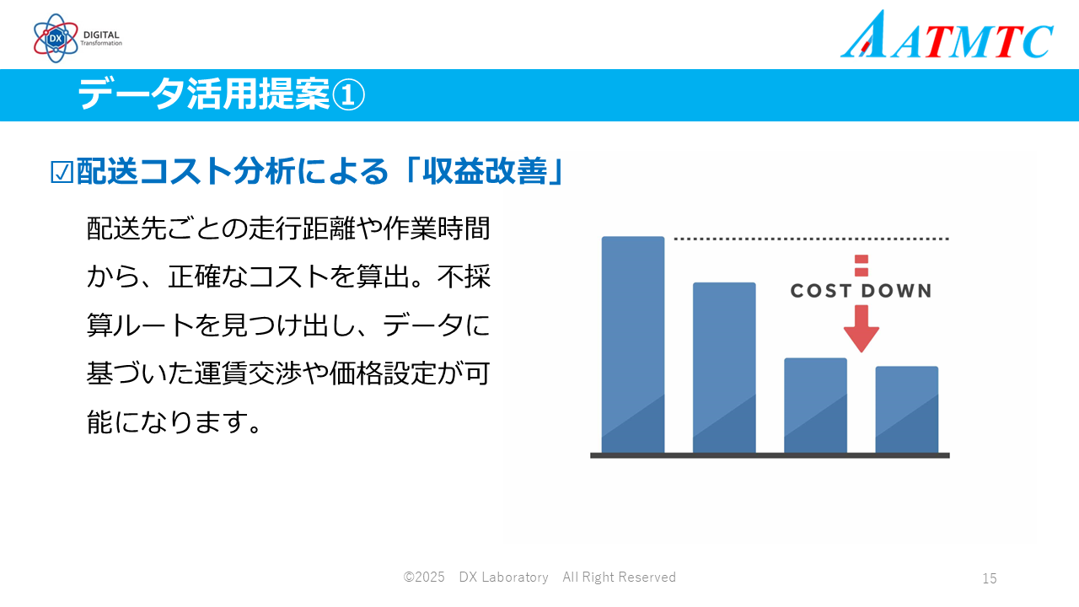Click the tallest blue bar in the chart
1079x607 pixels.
pyautogui.click(x=633, y=345)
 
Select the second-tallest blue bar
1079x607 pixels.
pyautogui.click(x=724, y=368)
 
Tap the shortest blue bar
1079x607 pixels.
pyautogui.click(x=906, y=410)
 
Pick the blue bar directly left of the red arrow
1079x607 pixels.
pyautogui.click(x=815, y=406)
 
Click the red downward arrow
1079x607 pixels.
pyautogui.click(x=862, y=329)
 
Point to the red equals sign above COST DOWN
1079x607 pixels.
pyautogui.click(x=862, y=266)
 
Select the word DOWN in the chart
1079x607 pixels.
pyautogui.click(x=896, y=291)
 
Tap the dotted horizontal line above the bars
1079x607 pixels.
pyautogui.click(x=811, y=239)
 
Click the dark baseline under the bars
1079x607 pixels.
pyautogui.click(x=770, y=455)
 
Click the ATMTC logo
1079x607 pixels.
pyautogui.click(x=947, y=35)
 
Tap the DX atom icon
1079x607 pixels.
pyautogui.click(x=56, y=38)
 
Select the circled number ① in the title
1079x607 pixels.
pyautogui.click(x=348, y=95)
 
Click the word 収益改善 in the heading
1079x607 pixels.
pyautogui.click(x=485, y=171)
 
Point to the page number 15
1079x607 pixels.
pyautogui.click(x=990, y=578)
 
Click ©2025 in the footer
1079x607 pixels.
pyautogui.click(x=424, y=577)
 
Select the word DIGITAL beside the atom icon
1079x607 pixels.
pyautogui.click(x=101, y=35)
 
